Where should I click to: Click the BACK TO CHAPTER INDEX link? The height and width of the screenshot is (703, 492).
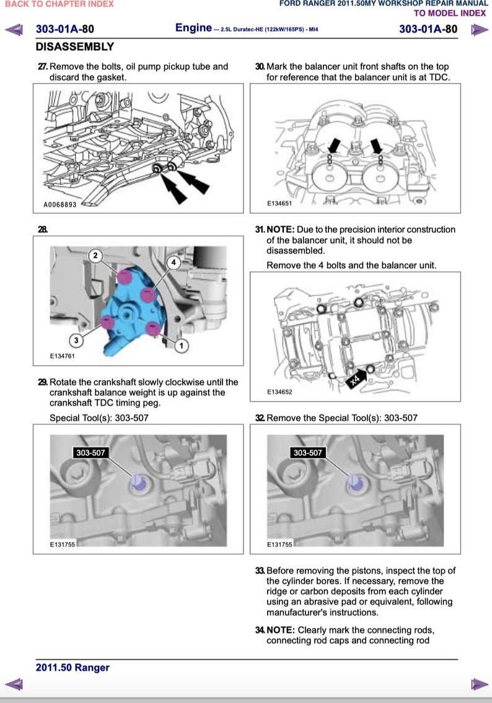[x=59, y=4]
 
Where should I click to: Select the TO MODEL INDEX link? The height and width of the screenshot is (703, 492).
[x=450, y=13]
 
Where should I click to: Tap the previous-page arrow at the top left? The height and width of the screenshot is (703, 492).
[x=14, y=29]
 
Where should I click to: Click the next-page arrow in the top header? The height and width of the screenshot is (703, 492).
[x=478, y=29]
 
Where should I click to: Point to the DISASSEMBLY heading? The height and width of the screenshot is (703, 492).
[x=75, y=47]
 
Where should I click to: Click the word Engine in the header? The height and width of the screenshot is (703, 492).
[x=193, y=28]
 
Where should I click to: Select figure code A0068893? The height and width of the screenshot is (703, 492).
[x=59, y=204]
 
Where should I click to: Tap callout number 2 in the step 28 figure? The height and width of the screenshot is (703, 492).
[x=95, y=255]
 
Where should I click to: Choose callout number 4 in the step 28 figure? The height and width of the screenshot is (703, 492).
[x=174, y=263]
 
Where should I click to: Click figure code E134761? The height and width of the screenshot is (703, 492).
[x=63, y=356]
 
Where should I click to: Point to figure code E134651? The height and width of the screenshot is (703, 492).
[x=279, y=203]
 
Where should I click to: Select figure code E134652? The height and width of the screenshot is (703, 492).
[x=279, y=392]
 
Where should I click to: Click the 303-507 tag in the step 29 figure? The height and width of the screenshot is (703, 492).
[x=90, y=453]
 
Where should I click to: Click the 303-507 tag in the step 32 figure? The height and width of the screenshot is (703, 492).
[x=307, y=453]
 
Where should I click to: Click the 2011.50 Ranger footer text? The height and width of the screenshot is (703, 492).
[x=72, y=668]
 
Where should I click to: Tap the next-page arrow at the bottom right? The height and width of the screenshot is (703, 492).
[x=478, y=684]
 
